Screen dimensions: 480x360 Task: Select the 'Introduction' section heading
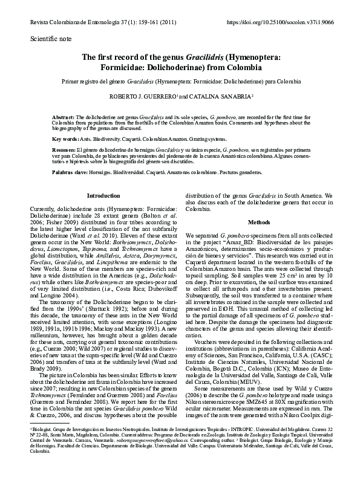pos(103,196)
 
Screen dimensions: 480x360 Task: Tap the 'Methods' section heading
pos(259,222)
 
